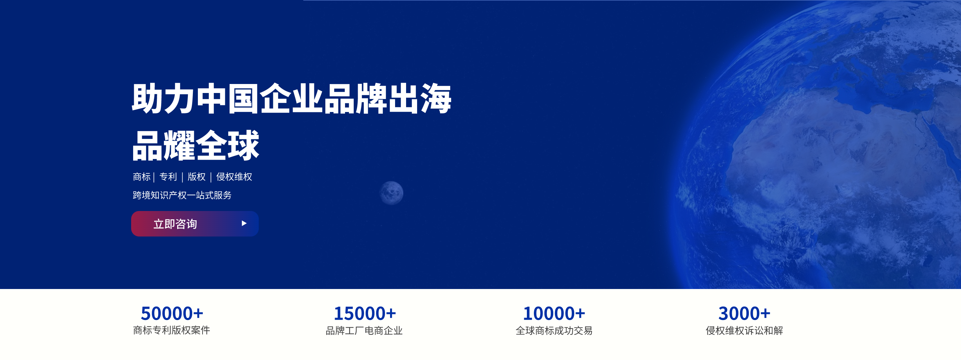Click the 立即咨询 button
pos(195,224)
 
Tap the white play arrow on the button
pos(244,223)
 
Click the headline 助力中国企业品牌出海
pos(292,98)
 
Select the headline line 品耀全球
pos(196,145)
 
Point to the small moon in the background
pos(391,193)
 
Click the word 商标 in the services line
pos(142,177)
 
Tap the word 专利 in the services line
pos(168,177)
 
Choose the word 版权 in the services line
pos(197,177)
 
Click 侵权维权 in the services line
pos(234,177)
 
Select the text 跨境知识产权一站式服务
pos(182,195)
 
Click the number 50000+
pos(172,313)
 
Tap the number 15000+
pos(365,313)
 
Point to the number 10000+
pos(554,313)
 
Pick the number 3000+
pos(744,313)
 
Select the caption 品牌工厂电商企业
pos(364,331)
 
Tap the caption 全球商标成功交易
pos(554,331)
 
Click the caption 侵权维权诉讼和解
pos(744,331)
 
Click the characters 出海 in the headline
pos(420,98)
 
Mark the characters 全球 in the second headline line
pos(228,145)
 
